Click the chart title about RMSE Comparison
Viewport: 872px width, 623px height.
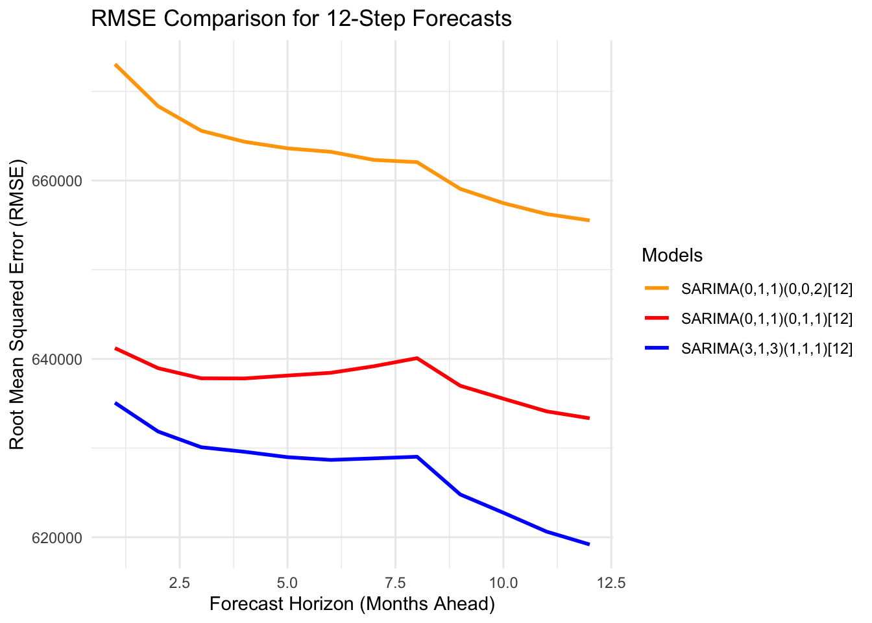pos(301,19)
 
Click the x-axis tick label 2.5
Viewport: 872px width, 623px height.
pos(179,583)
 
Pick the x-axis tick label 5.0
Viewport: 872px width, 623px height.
pos(287,583)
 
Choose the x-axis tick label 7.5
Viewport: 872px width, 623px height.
pos(394,583)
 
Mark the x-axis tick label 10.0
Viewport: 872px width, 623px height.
pos(503,583)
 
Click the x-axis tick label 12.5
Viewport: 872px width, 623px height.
pos(611,583)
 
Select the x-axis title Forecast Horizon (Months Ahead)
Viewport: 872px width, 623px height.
pos(352,604)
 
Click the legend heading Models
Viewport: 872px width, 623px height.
pos(672,256)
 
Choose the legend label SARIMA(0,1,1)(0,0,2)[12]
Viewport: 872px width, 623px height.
pos(766,289)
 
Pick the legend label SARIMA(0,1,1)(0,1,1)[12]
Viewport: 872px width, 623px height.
pos(766,319)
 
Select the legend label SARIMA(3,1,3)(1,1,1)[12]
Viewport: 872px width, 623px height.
pos(766,349)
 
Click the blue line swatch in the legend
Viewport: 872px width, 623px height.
pos(657,348)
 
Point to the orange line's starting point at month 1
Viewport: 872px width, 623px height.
pos(115,65)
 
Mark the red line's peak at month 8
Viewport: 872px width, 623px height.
pos(417,358)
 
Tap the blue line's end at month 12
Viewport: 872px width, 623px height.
pos(588,544)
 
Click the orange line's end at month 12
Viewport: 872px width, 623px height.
pos(588,221)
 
